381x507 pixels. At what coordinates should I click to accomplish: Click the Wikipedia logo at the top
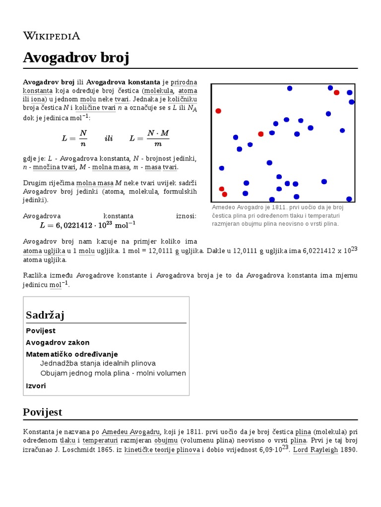51,36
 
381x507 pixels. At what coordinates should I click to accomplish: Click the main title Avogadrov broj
76,58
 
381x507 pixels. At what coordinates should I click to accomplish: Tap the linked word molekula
158,91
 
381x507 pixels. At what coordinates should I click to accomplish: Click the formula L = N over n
74,139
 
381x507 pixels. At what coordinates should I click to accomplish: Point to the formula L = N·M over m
149,139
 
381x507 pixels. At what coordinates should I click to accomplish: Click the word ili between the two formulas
108,139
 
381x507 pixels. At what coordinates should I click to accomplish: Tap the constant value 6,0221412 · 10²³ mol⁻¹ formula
87,225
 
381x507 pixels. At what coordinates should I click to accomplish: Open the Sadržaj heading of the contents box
45,315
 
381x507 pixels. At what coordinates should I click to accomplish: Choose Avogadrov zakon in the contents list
58,343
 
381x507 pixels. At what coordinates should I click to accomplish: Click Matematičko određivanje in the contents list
71,354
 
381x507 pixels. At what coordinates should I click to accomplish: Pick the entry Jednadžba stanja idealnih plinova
98,363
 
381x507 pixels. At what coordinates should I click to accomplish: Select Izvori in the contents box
36,386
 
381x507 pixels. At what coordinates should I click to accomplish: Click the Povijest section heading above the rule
43,412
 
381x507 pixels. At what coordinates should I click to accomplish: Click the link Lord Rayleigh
318,450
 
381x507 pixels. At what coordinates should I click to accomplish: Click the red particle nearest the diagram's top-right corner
336,93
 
